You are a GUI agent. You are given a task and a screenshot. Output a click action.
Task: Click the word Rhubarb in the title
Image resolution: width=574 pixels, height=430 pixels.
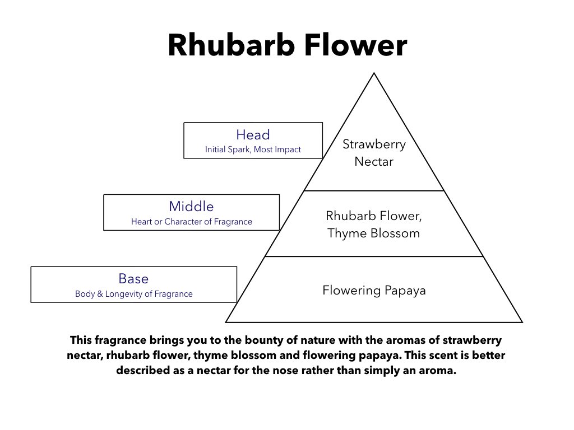tap(232, 45)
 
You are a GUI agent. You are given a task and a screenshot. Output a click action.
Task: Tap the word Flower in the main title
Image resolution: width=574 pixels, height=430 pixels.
tap(355, 45)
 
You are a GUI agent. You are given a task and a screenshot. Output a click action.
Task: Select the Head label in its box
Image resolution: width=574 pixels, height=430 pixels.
tap(253, 134)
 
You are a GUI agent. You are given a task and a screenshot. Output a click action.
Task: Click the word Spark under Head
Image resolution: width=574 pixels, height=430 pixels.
tap(238, 149)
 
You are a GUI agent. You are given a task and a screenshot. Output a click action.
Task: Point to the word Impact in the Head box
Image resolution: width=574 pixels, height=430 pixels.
tap(288, 149)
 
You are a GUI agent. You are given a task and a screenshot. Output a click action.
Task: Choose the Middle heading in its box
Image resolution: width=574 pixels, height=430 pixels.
tap(191, 207)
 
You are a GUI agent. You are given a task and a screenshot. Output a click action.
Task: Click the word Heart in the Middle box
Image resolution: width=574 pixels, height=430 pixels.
tap(141, 222)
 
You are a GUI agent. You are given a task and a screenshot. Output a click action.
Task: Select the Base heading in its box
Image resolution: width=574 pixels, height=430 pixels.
tap(133, 279)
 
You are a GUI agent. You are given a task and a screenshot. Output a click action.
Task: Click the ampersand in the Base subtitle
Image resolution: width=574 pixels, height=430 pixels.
tap(100, 294)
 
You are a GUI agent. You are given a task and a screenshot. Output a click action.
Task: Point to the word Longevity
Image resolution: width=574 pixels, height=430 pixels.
tap(124, 295)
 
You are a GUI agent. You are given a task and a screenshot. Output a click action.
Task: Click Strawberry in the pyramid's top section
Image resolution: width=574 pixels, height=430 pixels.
tap(374, 144)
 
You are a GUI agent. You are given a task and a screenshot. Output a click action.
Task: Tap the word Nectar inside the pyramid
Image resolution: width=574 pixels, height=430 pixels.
tap(374, 162)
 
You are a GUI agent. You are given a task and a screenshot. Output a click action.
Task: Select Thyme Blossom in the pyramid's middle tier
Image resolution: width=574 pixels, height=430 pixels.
tap(373, 233)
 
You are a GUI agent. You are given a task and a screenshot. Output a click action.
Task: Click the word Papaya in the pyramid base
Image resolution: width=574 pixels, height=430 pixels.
tap(405, 291)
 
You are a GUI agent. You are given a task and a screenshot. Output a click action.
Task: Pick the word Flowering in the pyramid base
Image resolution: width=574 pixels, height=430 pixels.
tap(351, 291)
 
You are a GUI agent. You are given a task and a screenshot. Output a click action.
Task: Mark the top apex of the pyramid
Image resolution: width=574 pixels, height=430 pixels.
tap(374, 73)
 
